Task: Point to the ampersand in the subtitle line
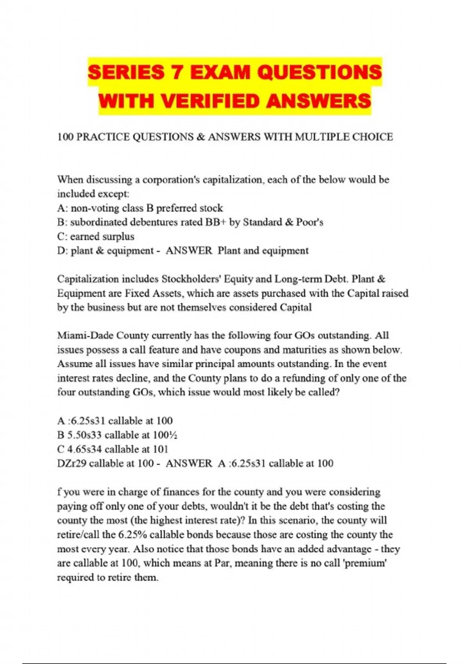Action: point(202,137)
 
